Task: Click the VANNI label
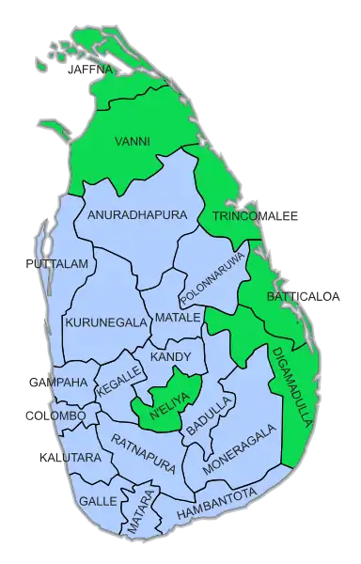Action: point(132,142)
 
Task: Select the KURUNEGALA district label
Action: point(106,322)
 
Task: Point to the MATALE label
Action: point(179,318)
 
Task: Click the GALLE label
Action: point(98,501)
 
